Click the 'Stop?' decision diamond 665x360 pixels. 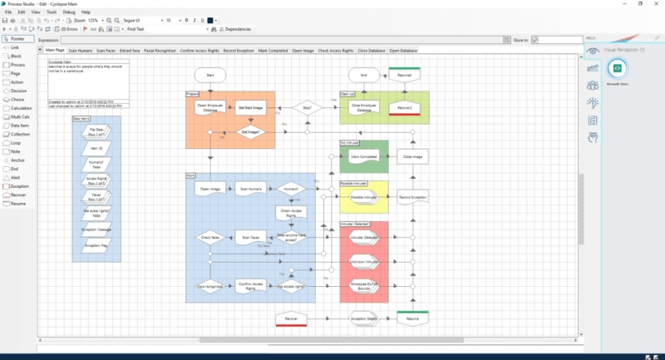coord(307,107)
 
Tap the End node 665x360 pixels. coord(363,76)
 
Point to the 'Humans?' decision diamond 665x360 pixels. coord(292,189)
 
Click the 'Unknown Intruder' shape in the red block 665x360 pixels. coord(363,262)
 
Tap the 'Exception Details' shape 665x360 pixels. coord(363,318)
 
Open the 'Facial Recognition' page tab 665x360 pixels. coord(160,51)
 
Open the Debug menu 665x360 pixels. coord(70,12)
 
